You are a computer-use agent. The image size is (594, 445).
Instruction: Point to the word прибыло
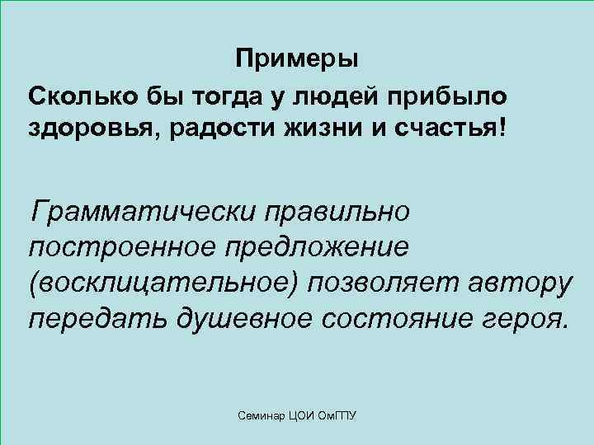tap(450, 96)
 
